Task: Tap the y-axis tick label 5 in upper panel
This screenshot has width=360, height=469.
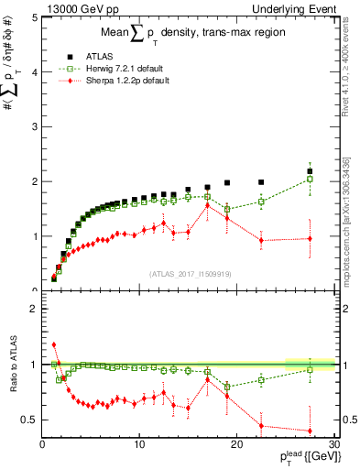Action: pos(34,17)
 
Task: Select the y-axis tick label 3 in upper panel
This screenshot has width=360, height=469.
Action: pos(34,126)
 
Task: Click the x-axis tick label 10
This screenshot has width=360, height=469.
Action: pos(139,445)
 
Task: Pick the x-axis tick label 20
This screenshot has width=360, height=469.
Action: pos(236,445)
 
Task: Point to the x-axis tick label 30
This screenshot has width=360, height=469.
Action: pos(333,445)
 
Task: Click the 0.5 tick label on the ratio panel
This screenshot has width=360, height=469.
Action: pos(29,420)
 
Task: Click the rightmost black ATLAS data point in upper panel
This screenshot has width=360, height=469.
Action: pos(310,171)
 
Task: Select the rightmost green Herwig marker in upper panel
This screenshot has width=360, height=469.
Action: pos(310,180)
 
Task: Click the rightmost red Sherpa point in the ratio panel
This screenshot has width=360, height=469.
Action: pos(310,431)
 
